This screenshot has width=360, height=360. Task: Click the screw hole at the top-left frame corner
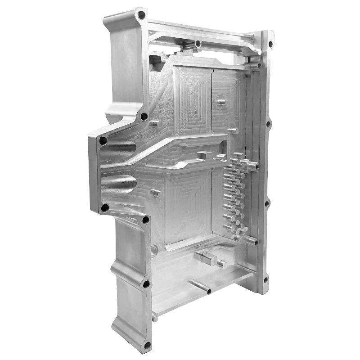(141, 15)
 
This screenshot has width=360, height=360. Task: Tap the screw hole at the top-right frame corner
(271, 44)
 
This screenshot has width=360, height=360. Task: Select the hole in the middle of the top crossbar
(198, 44)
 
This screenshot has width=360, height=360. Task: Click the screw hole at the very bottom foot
(147, 346)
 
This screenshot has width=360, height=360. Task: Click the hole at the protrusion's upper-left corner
(103, 140)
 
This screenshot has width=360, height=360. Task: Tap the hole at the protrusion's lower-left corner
(105, 208)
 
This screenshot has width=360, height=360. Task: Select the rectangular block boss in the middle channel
(204, 156)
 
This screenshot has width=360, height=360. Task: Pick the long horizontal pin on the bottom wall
(200, 286)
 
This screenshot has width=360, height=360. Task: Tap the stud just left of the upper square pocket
(155, 123)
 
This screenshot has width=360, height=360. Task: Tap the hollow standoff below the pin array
(252, 241)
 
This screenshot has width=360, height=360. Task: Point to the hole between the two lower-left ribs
(146, 284)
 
